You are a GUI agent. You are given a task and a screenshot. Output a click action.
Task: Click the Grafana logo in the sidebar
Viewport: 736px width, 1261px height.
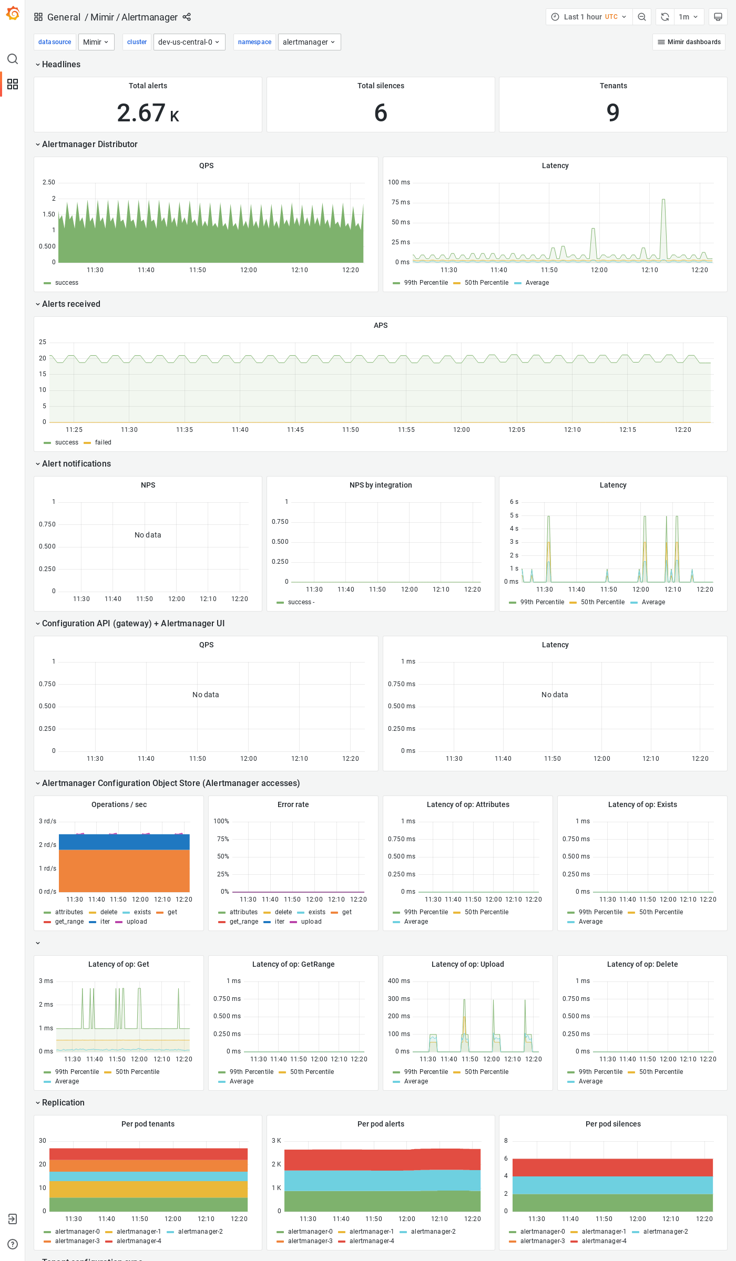[13, 14]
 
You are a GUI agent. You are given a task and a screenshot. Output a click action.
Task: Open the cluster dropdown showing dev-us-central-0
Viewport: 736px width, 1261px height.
[189, 42]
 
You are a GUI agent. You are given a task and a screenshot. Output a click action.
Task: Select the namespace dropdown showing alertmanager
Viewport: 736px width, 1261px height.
[309, 42]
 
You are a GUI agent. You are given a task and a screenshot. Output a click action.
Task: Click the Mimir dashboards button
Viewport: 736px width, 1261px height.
[689, 42]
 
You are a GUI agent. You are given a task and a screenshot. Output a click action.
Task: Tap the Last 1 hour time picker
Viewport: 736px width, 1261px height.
[589, 17]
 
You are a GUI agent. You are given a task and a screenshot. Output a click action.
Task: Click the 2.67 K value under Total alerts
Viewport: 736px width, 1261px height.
[148, 113]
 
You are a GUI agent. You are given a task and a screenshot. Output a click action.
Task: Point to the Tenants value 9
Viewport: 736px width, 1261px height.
[613, 112]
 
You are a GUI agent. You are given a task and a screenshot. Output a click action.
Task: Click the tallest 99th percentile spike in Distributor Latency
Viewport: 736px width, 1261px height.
[663, 200]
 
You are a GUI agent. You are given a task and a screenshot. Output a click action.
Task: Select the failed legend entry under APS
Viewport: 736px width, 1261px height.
[103, 442]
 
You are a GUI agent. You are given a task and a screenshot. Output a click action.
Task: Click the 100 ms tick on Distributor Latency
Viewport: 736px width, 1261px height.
[399, 182]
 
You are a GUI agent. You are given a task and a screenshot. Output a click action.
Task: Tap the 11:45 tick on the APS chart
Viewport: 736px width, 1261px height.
[295, 430]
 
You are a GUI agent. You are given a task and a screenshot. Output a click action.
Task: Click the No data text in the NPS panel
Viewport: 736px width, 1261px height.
[148, 535]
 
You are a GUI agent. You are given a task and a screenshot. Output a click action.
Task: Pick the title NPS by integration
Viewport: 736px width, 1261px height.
[381, 485]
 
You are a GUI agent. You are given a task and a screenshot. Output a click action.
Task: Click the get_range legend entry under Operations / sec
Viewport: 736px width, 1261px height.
[69, 922]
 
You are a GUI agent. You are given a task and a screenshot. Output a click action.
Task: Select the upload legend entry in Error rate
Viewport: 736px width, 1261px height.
[311, 922]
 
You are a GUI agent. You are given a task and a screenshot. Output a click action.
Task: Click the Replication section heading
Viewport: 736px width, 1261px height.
[63, 1102]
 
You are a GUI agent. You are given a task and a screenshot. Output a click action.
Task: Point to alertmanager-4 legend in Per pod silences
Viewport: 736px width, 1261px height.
[604, 1241]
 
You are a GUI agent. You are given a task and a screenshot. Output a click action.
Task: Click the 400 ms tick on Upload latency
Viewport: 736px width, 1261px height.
[399, 981]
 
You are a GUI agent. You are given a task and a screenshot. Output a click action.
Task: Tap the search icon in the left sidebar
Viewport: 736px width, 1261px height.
[13, 59]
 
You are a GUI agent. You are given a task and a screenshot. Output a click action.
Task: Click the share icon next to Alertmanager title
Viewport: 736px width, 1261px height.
[187, 17]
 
